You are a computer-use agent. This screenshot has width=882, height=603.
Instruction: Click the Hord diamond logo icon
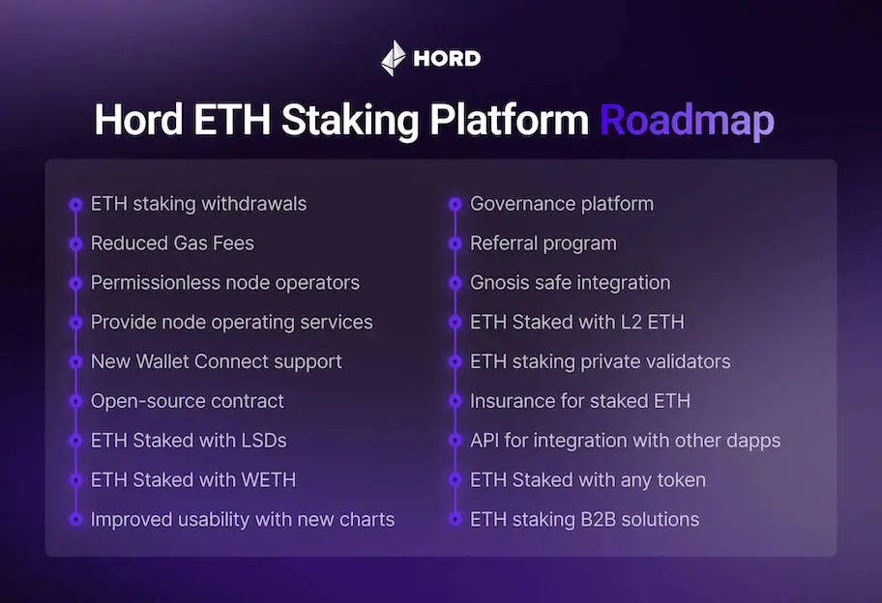coord(394,58)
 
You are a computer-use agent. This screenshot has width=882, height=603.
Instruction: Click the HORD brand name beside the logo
coord(446,59)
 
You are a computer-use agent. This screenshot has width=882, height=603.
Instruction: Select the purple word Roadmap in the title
coord(687,122)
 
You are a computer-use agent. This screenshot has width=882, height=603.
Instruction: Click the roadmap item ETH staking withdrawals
coord(198,204)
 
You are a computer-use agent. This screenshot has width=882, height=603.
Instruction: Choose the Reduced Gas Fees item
coord(172,244)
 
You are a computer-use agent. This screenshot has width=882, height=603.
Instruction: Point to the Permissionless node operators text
coord(224,283)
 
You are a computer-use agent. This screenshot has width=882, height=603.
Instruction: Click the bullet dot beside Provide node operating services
coord(75,323)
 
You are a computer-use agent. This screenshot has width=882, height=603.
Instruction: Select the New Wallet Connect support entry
coord(216,361)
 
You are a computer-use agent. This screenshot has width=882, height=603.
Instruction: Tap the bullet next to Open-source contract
coord(75,401)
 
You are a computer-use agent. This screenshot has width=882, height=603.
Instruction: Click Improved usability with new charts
coord(242,520)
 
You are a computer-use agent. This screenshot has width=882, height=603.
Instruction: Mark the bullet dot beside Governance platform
coord(455,204)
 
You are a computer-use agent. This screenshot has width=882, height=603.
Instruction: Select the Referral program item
coord(543,244)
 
